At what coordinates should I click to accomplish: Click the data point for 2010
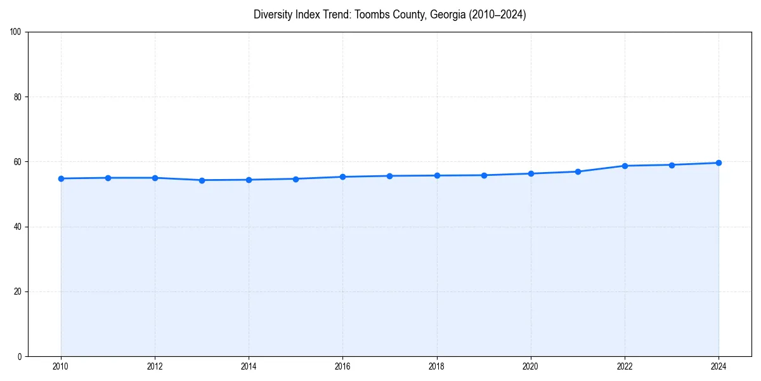61,178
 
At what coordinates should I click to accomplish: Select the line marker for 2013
202,180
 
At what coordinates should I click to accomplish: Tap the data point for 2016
342,177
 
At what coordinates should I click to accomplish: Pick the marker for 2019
484,175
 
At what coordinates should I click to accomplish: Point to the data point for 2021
578,171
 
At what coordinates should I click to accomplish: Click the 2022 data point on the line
625,166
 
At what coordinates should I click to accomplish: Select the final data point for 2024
719,163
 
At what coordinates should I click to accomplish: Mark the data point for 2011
108,178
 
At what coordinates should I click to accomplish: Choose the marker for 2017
389,176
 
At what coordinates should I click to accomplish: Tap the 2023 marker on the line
672,165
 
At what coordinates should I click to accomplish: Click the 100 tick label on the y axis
16,32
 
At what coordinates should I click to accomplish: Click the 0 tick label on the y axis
20,356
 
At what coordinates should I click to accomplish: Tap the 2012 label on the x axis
155,366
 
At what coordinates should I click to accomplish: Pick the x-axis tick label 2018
436,366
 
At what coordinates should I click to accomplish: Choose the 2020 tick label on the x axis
531,366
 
